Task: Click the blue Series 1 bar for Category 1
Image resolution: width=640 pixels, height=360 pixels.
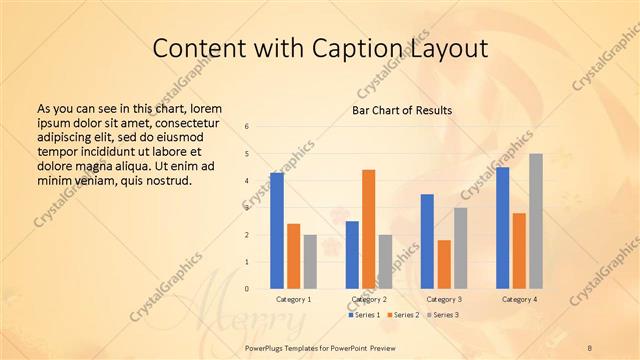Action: pos(276,230)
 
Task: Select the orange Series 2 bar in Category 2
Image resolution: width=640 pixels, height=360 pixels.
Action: pos(368,229)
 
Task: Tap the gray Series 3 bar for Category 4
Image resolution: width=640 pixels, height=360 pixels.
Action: pos(536,221)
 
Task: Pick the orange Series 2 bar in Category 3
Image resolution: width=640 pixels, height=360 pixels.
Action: pos(444,264)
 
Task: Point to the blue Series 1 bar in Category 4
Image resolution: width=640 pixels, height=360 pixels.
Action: pos(502,228)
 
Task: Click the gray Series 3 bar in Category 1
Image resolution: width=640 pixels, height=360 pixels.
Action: pos(310,261)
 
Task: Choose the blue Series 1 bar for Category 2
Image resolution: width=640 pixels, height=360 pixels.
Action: pos(352,254)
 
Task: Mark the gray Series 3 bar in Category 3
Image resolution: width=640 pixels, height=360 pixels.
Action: pos(460,248)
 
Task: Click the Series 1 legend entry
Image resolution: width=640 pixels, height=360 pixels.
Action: pos(364,315)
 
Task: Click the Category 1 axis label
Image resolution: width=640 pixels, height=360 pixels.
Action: pos(293,299)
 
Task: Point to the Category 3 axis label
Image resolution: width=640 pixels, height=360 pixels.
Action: pos(444,299)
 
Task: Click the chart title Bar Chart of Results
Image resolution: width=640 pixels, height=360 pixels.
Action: pos(403,110)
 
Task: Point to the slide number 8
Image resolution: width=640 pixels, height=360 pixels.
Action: pos(590,346)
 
